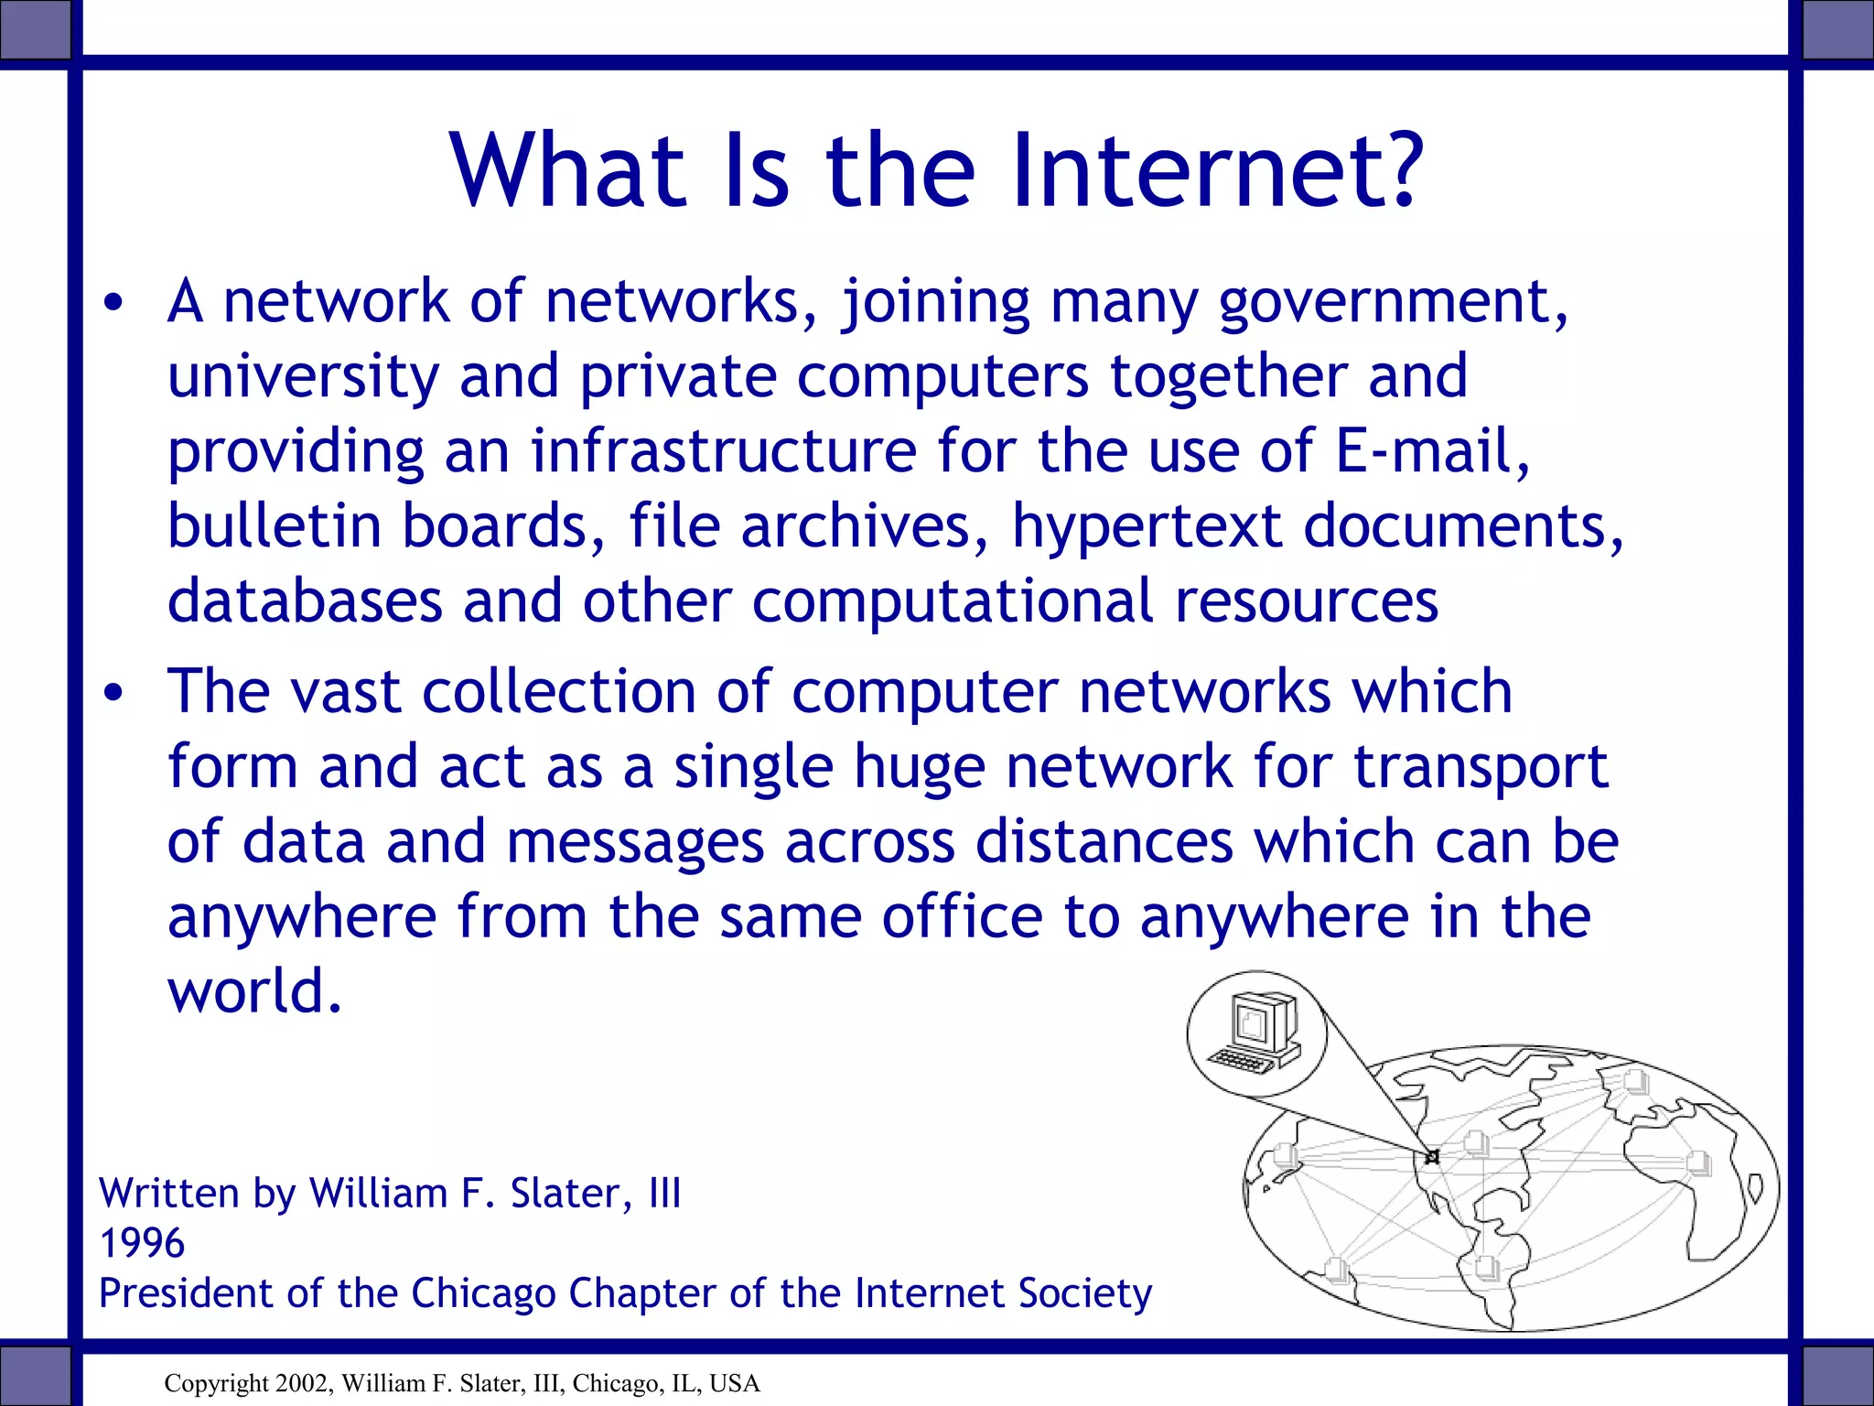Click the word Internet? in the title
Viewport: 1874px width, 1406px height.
1217,170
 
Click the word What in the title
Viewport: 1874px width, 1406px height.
567,170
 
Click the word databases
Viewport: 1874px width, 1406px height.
305,601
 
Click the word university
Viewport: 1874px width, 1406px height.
303,378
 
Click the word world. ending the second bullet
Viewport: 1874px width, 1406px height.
255,991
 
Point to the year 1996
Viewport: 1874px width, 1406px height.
142,1243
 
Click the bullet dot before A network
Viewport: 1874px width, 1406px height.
113,306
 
